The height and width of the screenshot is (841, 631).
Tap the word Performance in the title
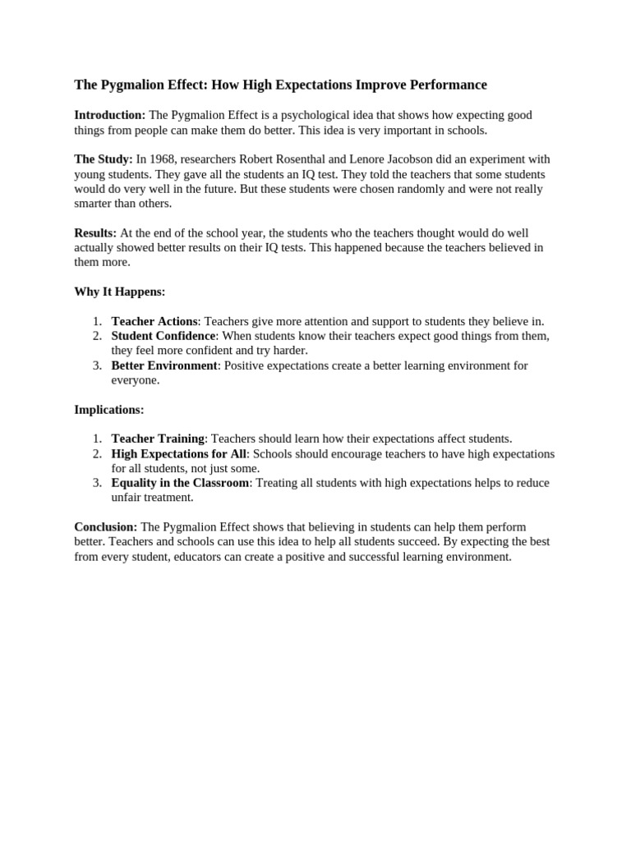[x=451, y=85]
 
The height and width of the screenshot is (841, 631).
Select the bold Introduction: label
[x=110, y=115]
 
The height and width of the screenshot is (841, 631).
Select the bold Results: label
[x=95, y=233]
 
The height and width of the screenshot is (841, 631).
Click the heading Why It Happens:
[x=120, y=292]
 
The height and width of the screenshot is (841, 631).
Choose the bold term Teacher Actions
[x=154, y=321]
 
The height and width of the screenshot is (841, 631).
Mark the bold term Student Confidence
[x=164, y=336]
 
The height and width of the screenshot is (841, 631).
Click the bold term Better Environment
[x=164, y=365]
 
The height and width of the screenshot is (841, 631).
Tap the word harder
[x=290, y=351]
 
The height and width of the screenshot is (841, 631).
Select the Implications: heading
[x=109, y=409]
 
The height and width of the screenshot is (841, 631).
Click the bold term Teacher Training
[x=158, y=439]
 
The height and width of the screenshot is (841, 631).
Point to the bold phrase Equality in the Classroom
[x=180, y=483]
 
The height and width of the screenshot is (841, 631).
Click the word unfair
[x=127, y=498]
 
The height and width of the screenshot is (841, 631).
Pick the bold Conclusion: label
[x=106, y=527]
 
